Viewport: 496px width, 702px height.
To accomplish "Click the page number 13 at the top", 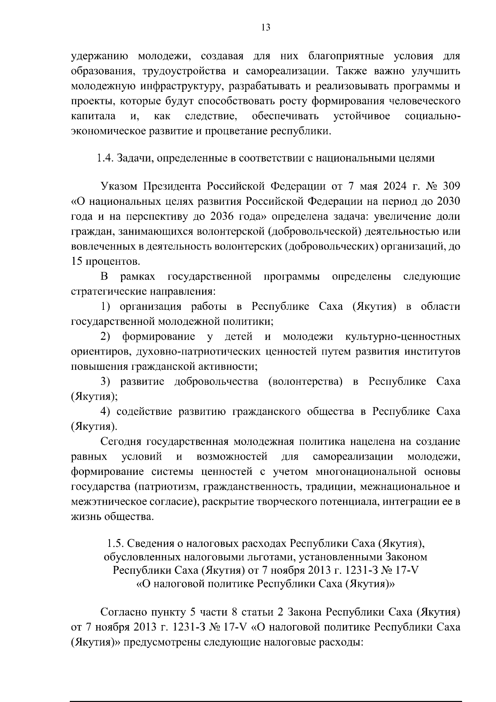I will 266,27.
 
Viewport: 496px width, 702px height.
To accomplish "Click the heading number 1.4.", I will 105,158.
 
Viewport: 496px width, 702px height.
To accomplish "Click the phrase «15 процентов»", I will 105,261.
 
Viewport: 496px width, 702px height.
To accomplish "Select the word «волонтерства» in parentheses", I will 305,381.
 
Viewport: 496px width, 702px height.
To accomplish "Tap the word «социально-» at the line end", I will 432,116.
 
